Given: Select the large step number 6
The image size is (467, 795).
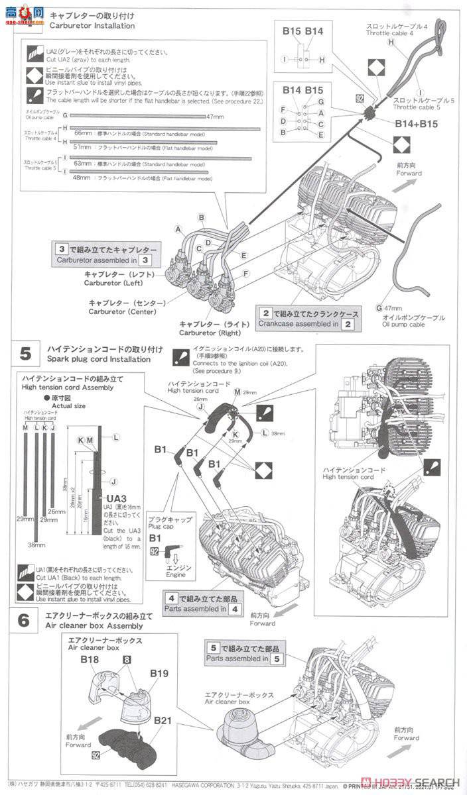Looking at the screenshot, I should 23,621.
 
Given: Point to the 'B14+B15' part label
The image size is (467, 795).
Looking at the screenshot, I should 416,123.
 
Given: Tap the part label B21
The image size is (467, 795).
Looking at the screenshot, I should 163,720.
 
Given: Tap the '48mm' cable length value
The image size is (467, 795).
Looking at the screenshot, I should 82,178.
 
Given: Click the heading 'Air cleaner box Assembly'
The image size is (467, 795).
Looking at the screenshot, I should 94,625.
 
